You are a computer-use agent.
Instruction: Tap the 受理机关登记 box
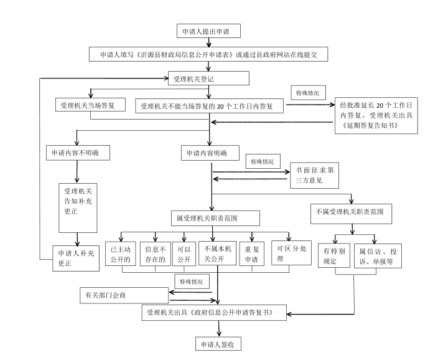[x=208, y=78]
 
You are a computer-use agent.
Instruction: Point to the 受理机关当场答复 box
[x=91, y=105]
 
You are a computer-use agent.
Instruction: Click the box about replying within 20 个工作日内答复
[x=209, y=106]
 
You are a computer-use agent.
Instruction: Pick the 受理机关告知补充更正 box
[x=77, y=201]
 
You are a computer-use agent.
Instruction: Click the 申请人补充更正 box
[x=75, y=257]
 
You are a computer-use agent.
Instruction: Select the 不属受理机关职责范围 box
[x=351, y=212]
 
